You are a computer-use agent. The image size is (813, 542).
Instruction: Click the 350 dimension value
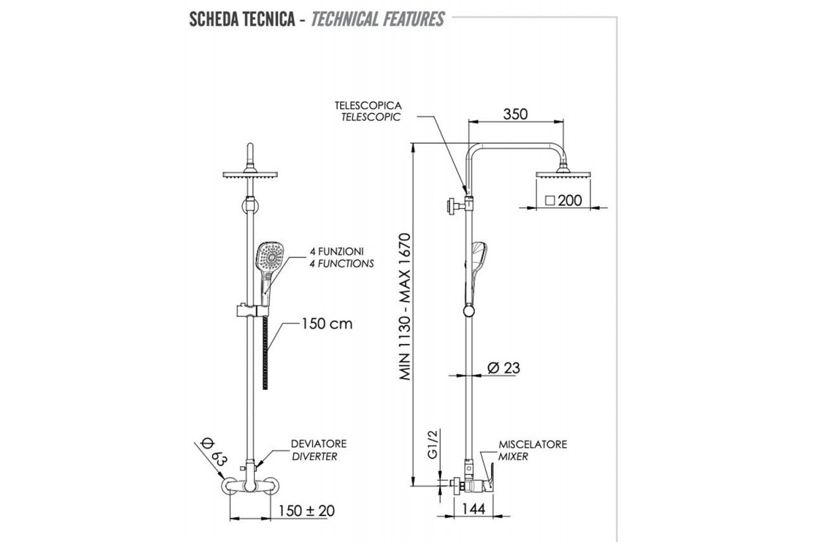pos(516,114)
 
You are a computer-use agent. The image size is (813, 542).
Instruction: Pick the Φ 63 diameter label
pos(213,451)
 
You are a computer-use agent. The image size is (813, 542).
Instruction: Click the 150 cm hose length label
pos(327,324)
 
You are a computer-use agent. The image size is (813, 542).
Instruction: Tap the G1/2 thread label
pos(434,444)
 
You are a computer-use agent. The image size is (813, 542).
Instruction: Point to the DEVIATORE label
pos(319,444)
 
